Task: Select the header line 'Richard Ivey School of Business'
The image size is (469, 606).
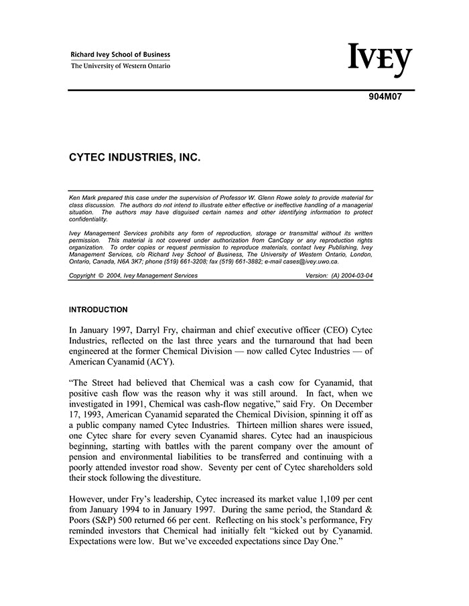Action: click(121, 55)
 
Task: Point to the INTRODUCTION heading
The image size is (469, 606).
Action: click(98, 310)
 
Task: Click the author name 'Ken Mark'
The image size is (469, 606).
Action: click(84, 199)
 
